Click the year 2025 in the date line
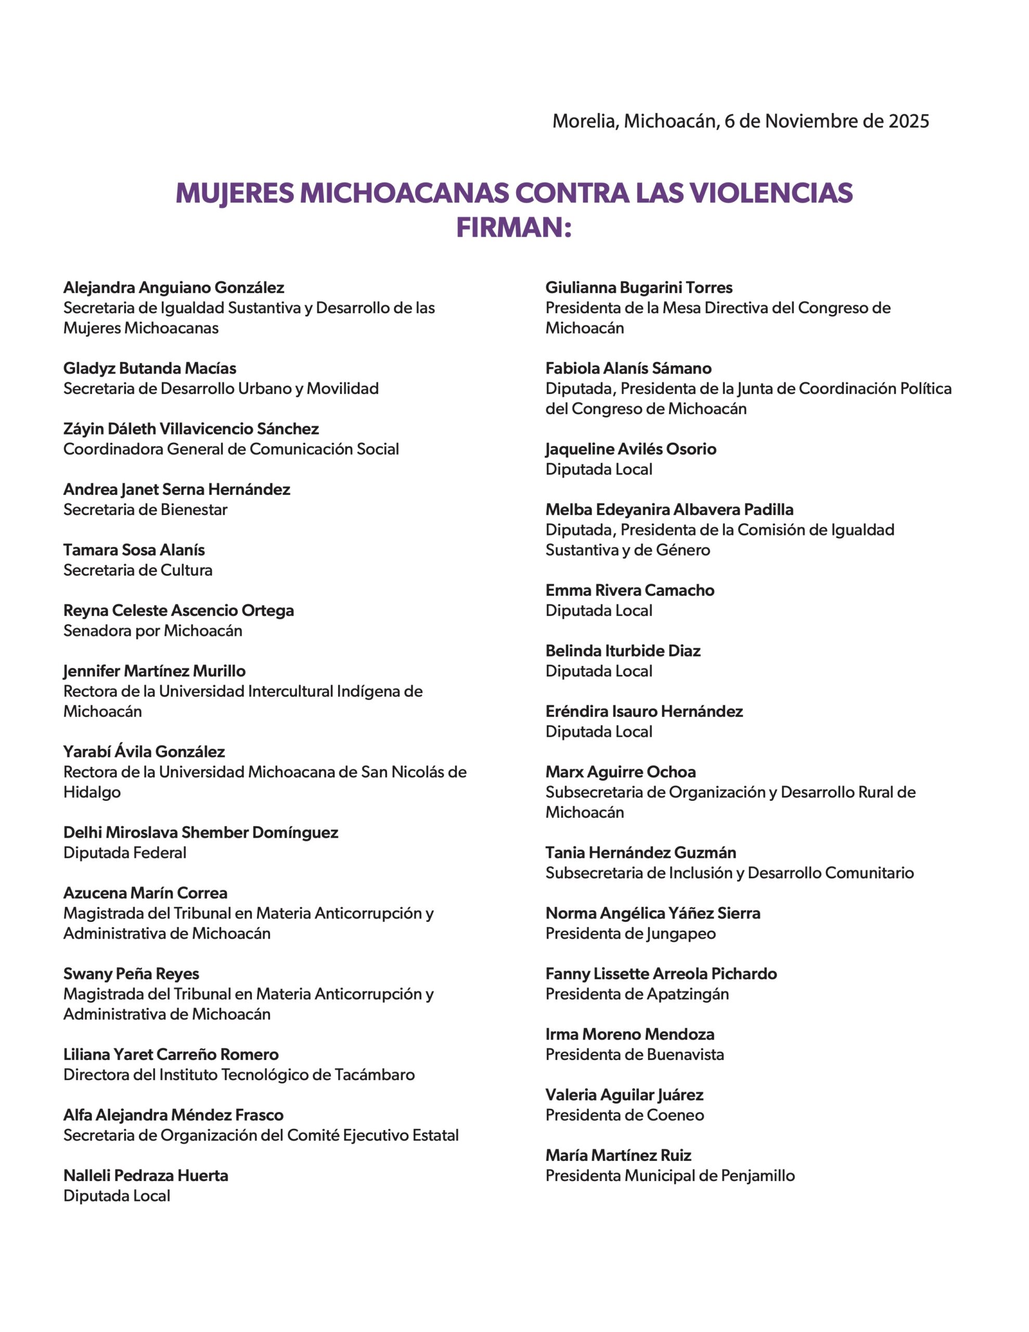tap(908, 121)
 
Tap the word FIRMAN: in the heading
tap(513, 228)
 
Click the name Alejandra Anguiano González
tap(174, 287)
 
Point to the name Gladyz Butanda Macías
tap(149, 368)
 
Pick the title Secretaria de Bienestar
tap(145, 509)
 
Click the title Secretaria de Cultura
tap(138, 570)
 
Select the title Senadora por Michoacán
tap(152, 631)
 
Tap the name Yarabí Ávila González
tap(144, 751)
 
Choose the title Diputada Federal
tap(125, 853)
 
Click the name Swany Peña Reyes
tap(131, 974)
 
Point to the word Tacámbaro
tap(375, 1074)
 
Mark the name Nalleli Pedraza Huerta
tap(146, 1175)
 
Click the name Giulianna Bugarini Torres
tap(639, 287)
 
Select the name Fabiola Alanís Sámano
tap(628, 368)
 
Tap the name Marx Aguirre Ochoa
tap(620, 772)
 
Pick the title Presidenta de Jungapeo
tap(631, 934)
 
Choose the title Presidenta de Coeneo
tap(625, 1115)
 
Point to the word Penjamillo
tap(757, 1175)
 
